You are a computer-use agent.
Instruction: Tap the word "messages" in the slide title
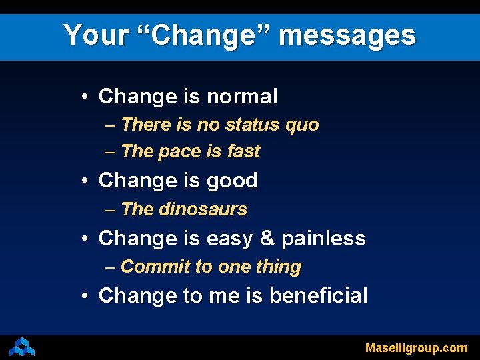pos(347,35)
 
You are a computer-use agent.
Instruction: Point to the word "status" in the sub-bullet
pos(255,125)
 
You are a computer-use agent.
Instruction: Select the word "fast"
pos(243,151)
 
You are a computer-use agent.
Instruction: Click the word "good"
pos(232,181)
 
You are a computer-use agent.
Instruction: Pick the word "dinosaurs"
pos(203,209)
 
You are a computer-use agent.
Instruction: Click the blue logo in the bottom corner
pos(21,347)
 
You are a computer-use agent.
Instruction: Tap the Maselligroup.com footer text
pos(416,347)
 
